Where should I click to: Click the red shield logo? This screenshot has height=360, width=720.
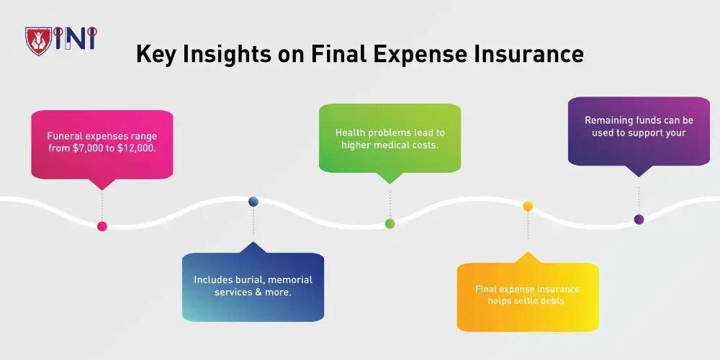tap(39, 41)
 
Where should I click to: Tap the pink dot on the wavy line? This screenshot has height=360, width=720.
tap(102, 226)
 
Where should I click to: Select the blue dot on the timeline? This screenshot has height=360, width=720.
tap(253, 201)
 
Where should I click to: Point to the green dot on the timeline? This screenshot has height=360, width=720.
tap(390, 224)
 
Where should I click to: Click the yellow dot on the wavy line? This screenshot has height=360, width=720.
tap(528, 206)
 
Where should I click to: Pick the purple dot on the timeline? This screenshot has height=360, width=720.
tap(639, 220)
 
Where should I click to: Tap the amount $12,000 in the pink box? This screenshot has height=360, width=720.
tap(138, 148)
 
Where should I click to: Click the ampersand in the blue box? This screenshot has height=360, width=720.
tap(251, 292)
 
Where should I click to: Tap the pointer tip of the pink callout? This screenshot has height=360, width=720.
tap(102, 190)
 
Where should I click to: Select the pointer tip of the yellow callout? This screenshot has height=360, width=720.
tap(528, 251)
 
